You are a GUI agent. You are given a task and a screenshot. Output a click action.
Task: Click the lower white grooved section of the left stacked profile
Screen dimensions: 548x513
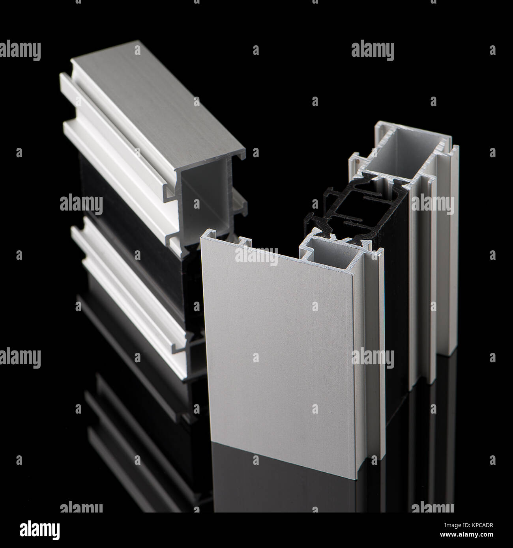click(130, 300)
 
